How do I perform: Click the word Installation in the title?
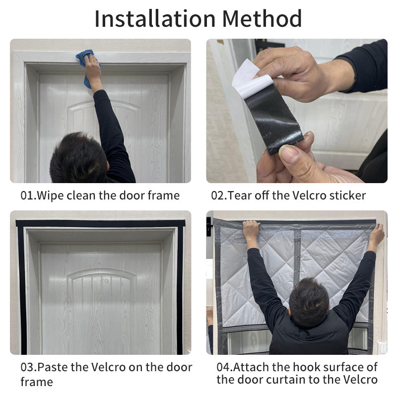click(155, 19)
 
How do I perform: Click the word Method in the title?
click(262, 19)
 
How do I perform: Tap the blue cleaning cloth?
click(88, 66)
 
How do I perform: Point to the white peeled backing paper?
click(251, 79)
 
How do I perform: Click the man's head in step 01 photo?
click(79, 157)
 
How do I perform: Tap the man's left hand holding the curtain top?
click(251, 231)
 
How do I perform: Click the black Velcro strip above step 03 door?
click(101, 223)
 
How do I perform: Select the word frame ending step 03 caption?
click(36, 382)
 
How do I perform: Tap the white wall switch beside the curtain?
click(382, 347)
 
